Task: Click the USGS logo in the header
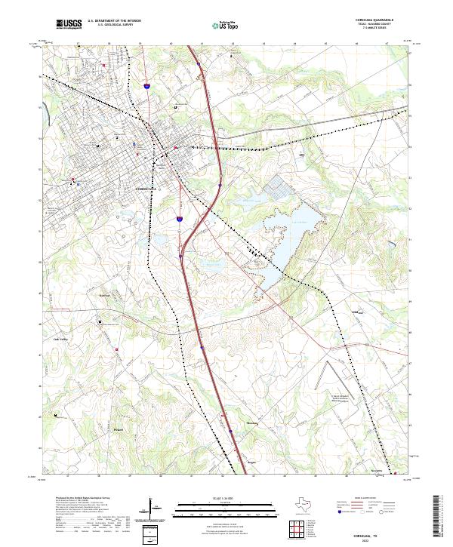coord(69,23)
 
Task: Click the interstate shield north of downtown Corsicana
coord(149,89)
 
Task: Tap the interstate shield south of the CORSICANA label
coord(180,219)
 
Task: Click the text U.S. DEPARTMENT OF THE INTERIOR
coord(114,20)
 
